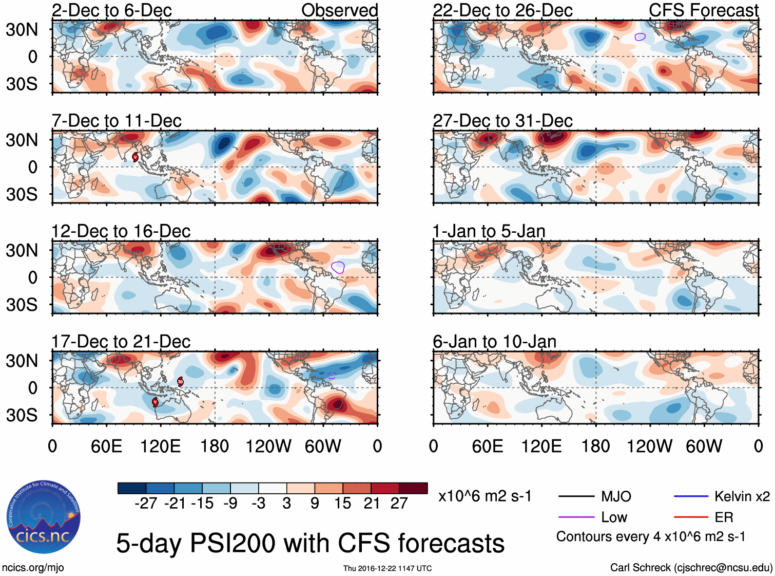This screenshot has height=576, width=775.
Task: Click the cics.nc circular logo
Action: pos(44,517)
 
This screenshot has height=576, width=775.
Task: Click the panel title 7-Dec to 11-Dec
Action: pos(117,121)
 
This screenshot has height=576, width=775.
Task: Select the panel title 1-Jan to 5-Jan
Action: pos(489,232)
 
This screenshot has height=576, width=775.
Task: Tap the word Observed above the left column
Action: pos(339,10)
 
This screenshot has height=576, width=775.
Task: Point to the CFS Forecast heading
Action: pos(703,10)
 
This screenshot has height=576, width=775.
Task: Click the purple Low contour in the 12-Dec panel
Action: pos(338,267)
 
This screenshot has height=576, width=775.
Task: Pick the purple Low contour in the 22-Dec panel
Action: pos(640,36)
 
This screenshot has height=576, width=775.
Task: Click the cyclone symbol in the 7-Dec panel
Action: pos(135,157)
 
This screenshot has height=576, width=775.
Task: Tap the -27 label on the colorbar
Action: pos(146,504)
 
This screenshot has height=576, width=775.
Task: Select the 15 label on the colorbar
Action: pos(342,504)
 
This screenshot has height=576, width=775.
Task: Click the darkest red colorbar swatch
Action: pos(413,488)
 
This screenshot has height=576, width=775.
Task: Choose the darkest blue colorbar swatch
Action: pos(132,488)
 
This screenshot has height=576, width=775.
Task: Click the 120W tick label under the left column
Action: pos(268,446)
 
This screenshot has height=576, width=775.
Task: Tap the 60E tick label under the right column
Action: pos(487,446)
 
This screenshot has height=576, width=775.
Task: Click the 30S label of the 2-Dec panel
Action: pos(22,84)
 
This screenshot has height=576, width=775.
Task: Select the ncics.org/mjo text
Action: pos(33,568)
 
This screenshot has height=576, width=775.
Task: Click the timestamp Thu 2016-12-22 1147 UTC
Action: pos(387,568)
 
